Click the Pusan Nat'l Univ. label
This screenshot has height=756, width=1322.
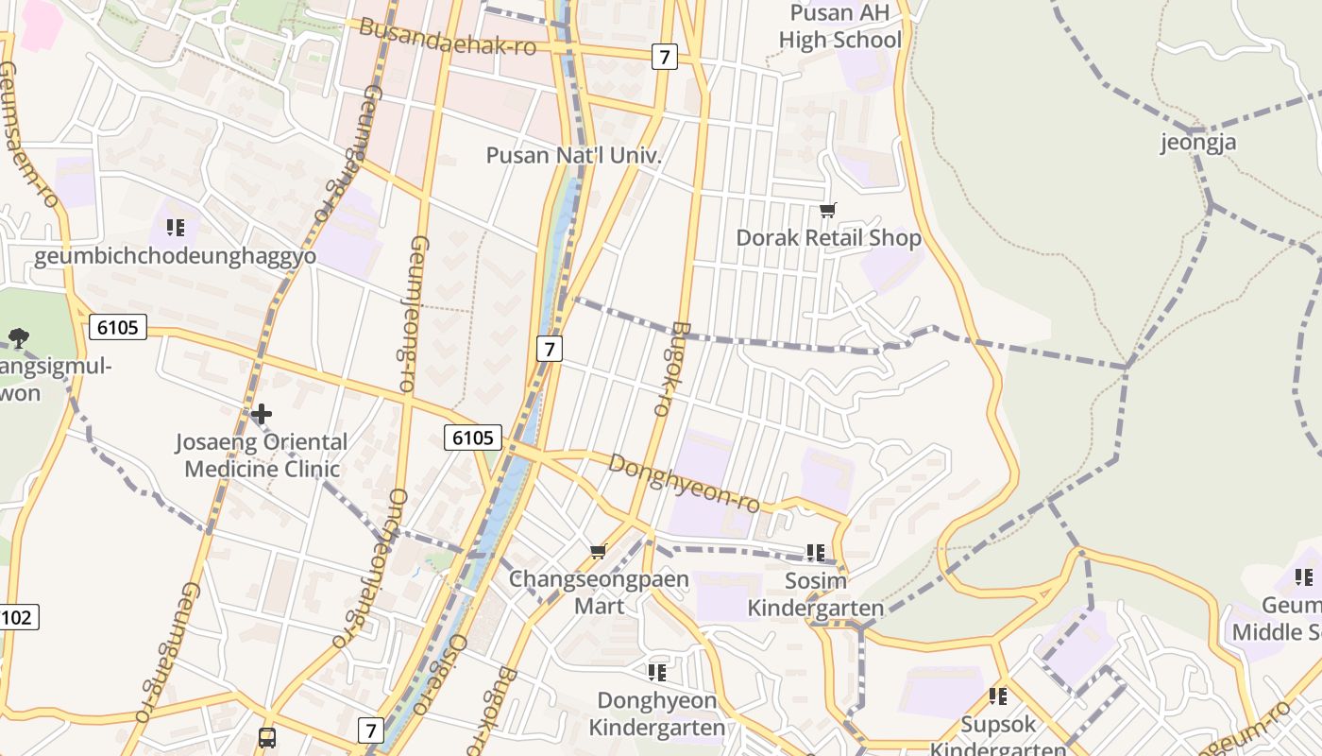pyautogui.click(x=572, y=155)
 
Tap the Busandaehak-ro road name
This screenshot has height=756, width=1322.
pyautogui.click(x=448, y=37)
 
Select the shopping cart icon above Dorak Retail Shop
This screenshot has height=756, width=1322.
pyautogui.click(x=828, y=210)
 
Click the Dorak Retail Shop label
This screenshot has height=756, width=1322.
pyautogui.click(x=828, y=237)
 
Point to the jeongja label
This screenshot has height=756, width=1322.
pyautogui.click(x=1198, y=143)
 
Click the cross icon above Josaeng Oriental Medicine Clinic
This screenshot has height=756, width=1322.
pyautogui.click(x=262, y=414)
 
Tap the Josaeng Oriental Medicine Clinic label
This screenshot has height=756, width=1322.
pyautogui.click(x=262, y=455)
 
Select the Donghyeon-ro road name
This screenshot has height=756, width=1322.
pyautogui.click(x=684, y=482)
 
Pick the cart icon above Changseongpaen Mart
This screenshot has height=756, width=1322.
pyautogui.click(x=598, y=551)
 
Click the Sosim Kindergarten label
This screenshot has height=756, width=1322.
pyautogui.click(x=816, y=593)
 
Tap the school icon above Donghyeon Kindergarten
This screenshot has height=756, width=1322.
pyautogui.click(x=657, y=673)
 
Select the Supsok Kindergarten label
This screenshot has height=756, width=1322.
pyautogui.click(x=998, y=736)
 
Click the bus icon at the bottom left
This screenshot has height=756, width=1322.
pyautogui.click(x=267, y=737)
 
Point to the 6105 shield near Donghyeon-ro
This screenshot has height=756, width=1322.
pyautogui.click(x=473, y=437)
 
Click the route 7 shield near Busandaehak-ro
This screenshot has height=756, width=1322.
pyautogui.click(x=665, y=57)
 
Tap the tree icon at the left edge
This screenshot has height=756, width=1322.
pyautogui.click(x=17, y=337)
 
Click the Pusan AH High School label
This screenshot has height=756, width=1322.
pyautogui.click(x=839, y=26)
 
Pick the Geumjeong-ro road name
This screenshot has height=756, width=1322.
pyautogui.click(x=402, y=312)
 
